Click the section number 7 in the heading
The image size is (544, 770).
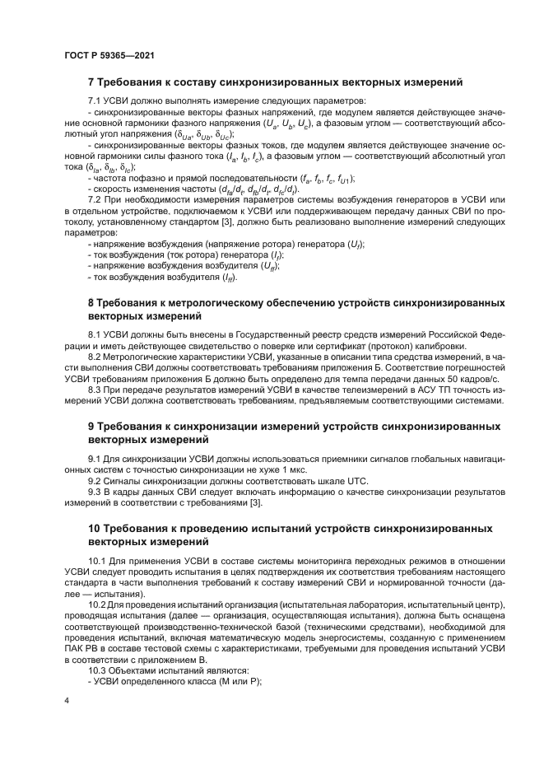point(91,82)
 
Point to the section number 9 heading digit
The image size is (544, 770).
point(91,427)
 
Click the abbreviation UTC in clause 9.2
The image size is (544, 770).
point(349,480)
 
